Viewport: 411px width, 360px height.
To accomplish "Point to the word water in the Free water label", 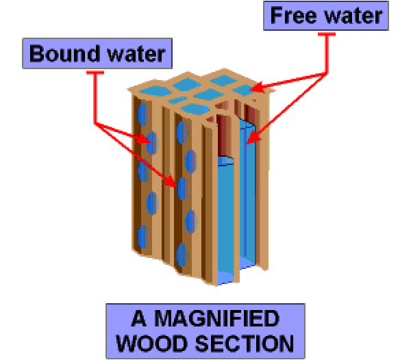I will pyautogui.click(x=353, y=16).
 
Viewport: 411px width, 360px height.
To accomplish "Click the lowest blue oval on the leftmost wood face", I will pyautogui.click(x=142, y=236).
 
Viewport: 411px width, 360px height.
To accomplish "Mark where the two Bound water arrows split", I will pyautogui.click(x=97, y=124).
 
